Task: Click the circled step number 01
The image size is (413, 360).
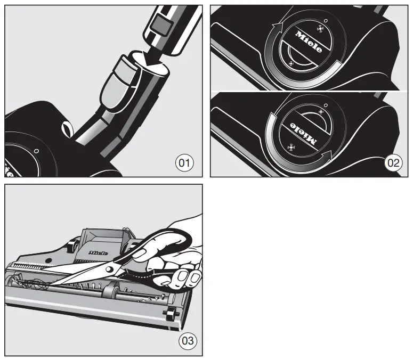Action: (x=184, y=162)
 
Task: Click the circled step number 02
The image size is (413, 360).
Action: (x=392, y=162)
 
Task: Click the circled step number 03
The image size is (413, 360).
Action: (x=186, y=341)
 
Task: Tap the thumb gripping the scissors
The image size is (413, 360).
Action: (x=140, y=252)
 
